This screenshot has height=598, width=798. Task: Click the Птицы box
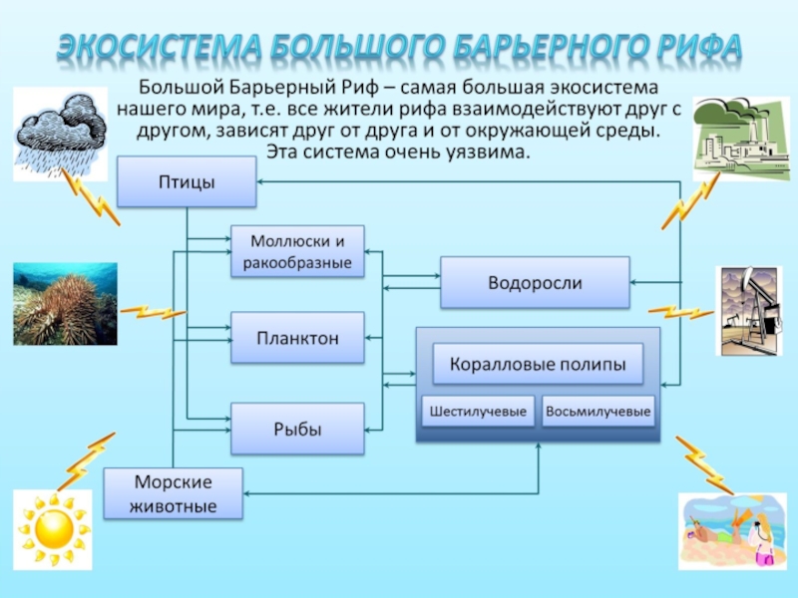(187, 182)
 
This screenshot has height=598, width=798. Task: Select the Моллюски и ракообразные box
(298, 252)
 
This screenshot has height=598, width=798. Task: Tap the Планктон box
(298, 339)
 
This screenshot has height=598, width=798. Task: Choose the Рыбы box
(298, 430)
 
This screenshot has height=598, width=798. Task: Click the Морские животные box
(174, 494)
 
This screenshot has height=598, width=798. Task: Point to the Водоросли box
(535, 283)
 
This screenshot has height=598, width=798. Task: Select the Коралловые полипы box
(538, 365)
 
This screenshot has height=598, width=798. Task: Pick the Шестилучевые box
(478, 412)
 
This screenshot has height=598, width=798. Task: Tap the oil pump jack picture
(749, 310)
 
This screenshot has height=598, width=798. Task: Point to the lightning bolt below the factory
(683, 204)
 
